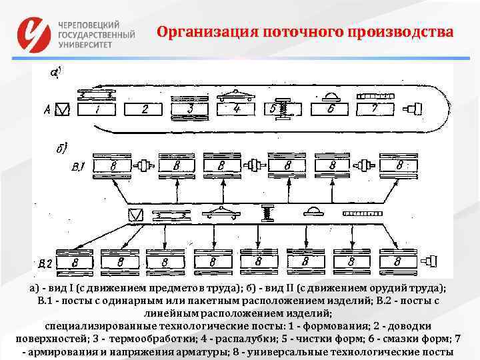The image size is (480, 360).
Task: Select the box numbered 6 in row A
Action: tap(329, 108)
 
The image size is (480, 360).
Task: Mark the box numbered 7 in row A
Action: tap(376, 108)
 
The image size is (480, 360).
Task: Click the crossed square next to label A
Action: tap(63, 109)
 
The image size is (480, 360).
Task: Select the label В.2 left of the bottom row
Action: tap(45, 264)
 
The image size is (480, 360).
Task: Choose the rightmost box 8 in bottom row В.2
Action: tap(399, 261)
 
